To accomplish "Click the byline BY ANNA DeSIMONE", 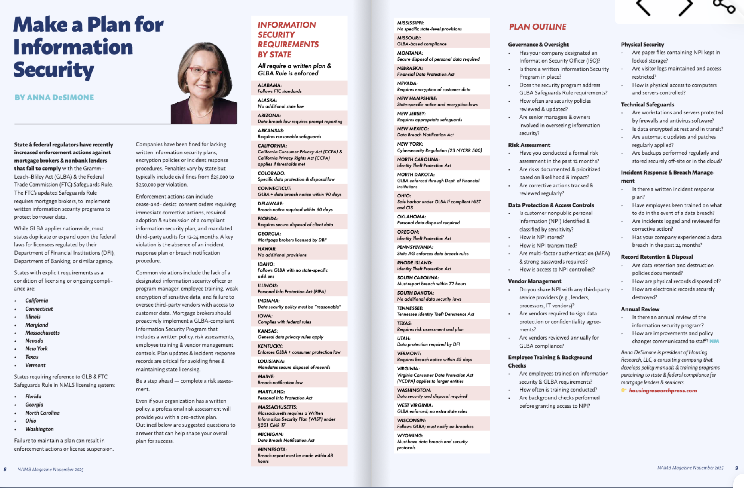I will click(54, 98).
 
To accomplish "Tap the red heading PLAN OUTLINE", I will click(537, 27).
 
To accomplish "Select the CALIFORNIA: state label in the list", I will click(272, 146).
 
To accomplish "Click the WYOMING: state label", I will click(410, 435).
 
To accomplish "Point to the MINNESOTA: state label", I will click(272, 449).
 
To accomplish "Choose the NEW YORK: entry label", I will click(410, 144).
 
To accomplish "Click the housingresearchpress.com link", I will click(663, 391).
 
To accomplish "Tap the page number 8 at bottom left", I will click(5, 469).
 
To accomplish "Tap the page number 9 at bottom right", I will click(736, 468).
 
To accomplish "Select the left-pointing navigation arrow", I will click(643, 7).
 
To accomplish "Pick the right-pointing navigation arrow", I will click(686, 7).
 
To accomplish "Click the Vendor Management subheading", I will click(534, 281).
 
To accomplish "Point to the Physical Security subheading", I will click(642, 44).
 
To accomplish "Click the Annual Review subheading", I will click(640, 309).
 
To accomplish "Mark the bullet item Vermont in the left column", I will click(35, 365).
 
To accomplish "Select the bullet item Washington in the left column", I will click(39, 429).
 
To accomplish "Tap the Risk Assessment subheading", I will click(529, 145).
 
